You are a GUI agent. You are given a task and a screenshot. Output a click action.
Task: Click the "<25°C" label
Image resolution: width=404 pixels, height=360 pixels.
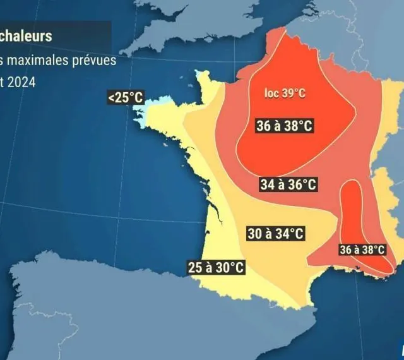tap(126, 98)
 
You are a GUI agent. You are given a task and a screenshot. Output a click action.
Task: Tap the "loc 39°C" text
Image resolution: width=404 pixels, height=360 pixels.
tap(285, 93)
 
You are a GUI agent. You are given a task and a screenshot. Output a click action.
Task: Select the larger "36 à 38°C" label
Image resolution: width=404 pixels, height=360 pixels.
tap(285, 125)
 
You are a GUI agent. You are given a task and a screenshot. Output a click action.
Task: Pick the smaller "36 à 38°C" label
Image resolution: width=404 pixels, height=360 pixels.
tap(362, 249)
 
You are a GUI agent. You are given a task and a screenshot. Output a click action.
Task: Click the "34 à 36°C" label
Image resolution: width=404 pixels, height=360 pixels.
tap(288, 184)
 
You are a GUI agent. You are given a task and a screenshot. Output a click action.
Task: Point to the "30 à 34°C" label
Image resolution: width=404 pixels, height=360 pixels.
tap(275, 234)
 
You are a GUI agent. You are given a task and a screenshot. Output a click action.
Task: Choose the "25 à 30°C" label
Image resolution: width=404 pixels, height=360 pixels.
tap(215, 267)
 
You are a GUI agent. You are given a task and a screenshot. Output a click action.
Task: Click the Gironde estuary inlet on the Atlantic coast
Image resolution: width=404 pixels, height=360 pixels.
tap(218, 215)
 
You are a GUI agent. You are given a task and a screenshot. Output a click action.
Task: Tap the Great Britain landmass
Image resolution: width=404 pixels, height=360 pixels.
tap(189, 25)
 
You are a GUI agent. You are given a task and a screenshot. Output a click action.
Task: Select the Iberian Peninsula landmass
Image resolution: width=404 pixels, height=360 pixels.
tap(126, 309)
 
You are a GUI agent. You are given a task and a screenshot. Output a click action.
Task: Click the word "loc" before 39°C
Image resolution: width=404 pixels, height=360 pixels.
tap(270, 93)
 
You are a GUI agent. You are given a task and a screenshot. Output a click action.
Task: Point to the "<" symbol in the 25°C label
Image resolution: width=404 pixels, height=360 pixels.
tap(111, 98)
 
